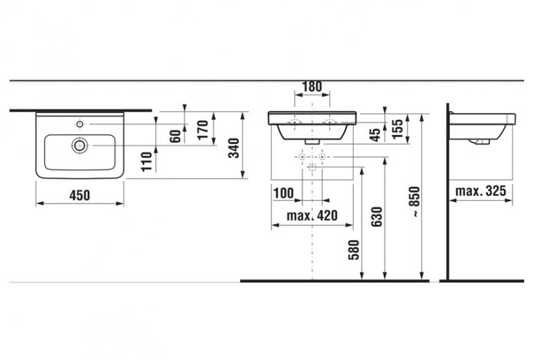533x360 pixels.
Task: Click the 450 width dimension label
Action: click(x=80, y=195)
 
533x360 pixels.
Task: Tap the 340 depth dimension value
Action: click(x=234, y=148)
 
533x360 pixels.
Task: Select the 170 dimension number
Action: click(x=203, y=130)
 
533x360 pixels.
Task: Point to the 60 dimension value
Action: click(x=175, y=136)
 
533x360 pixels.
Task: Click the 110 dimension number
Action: click(x=147, y=162)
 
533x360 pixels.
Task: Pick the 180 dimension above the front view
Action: click(x=312, y=87)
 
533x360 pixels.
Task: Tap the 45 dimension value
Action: click(x=375, y=135)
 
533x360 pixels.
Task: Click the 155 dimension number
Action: click(x=397, y=129)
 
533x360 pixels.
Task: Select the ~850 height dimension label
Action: click(x=415, y=201)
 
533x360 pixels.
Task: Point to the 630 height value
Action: click(x=377, y=217)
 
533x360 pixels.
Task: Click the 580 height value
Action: click(x=354, y=250)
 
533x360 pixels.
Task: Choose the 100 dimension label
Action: click(x=284, y=193)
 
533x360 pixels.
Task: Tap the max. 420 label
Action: click(x=312, y=215)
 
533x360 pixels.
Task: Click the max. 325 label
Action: click(x=480, y=191)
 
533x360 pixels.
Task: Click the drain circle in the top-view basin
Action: click(x=80, y=145)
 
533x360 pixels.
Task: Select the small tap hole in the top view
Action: click(x=80, y=125)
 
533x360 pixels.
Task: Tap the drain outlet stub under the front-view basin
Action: click(x=312, y=141)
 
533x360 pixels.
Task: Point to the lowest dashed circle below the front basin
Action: click(x=312, y=167)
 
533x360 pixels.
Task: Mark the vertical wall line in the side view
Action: click(x=448, y=192)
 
